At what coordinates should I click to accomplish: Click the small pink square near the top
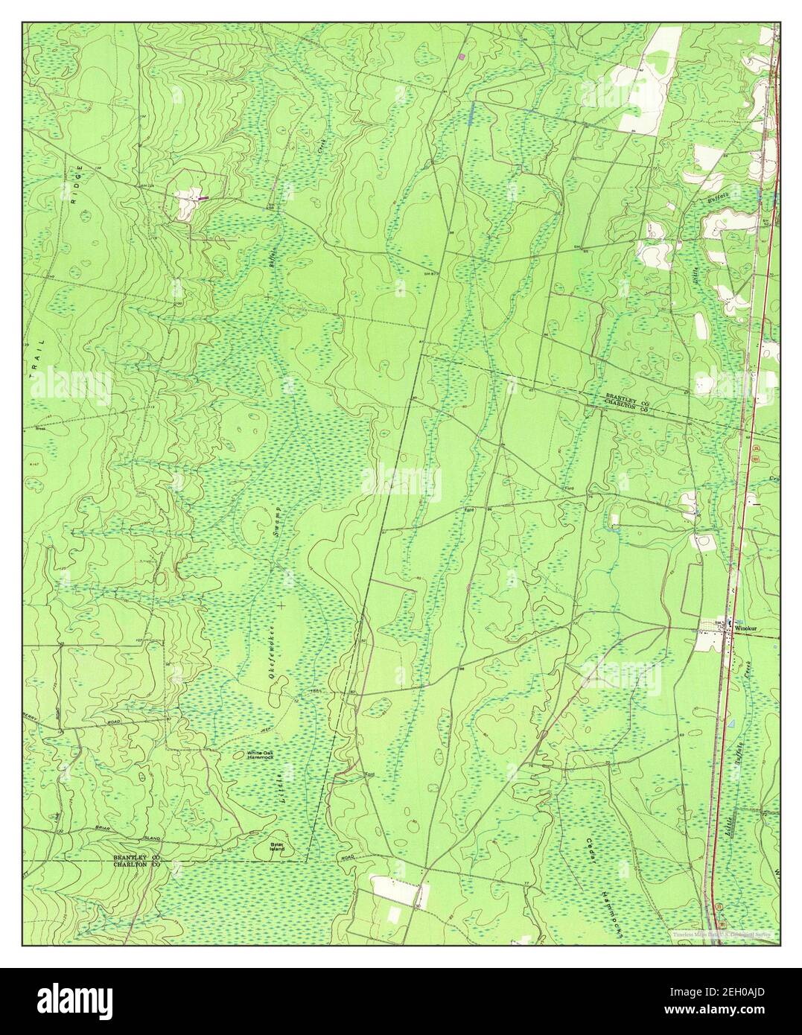coord(462,56)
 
